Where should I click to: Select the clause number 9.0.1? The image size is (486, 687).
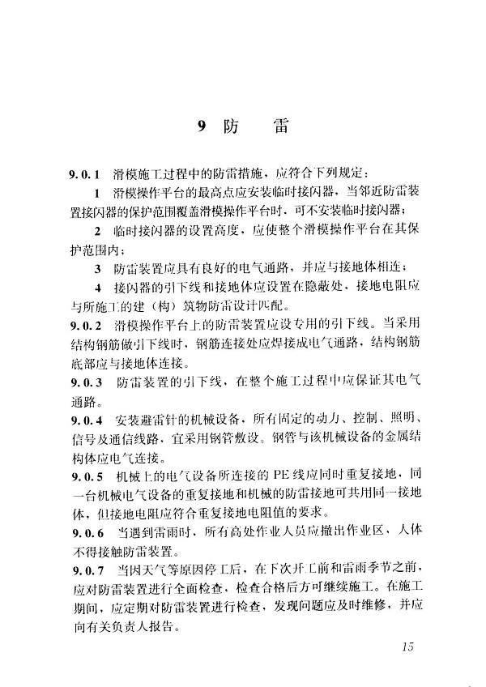pyautogui.click(x=84, y=174)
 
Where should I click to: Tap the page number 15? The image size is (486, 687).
pyautogui.click(x=407, y=646)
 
